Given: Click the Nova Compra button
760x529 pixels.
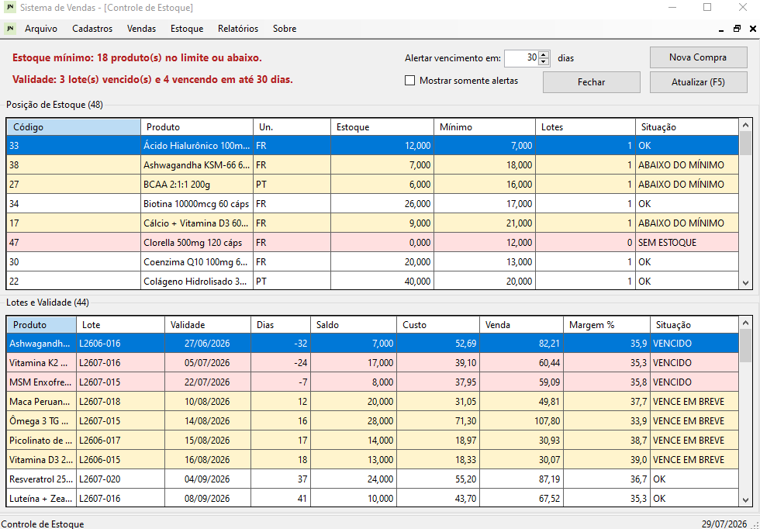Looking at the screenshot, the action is click(698, 57).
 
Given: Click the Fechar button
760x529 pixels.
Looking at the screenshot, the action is click(591, 82).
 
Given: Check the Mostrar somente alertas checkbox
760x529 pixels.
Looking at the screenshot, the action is click(410, 81).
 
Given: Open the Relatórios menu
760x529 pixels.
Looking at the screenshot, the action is click(238, 29).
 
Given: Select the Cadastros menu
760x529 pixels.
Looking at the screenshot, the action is click(92, 29).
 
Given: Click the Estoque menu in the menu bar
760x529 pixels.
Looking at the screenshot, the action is click(187, 29).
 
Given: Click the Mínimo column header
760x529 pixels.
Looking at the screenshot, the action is click(485, 127).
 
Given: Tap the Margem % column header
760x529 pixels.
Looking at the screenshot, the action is click(606, 325).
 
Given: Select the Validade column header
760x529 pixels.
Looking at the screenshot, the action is click(208, 325).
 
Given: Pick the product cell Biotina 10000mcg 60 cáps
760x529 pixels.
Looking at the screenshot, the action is click(196, 204).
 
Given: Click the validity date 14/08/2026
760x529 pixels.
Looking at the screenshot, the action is click(207, 421).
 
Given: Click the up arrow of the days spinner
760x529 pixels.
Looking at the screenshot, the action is click(544, 54).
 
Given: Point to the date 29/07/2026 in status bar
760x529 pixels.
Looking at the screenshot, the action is click(724, 524).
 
